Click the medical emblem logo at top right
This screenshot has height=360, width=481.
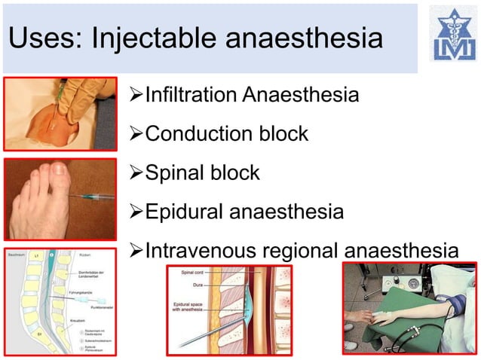[x=452, y=34]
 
